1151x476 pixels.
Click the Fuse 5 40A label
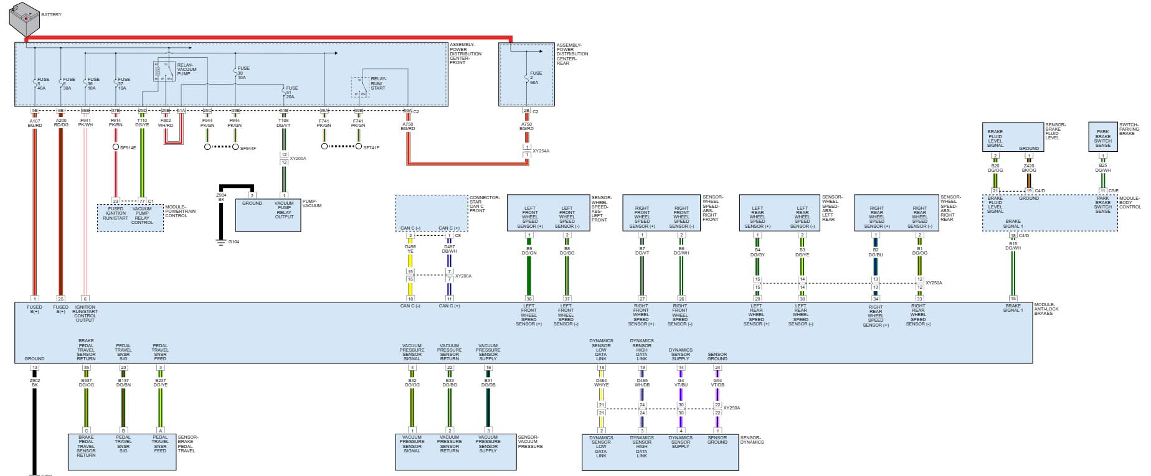click(43, 83)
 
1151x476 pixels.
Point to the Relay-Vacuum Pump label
click(187, 69)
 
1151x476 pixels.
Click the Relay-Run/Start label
click(378, 83)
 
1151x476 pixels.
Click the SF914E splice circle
click(116, 147)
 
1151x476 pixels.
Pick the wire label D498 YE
click(410, 249)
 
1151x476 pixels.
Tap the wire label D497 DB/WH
click(449, 249)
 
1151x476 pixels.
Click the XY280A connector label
click(463, 276)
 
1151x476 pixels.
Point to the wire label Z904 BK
click(221, 197)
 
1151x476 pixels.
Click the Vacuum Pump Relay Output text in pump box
click(284, 210)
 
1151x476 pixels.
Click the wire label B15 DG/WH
click(1013, 246)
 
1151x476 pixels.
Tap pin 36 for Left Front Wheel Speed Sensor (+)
click(529, 299)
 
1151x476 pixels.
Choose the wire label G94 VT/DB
click(718, 382)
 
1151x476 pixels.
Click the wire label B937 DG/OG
click(86, 382)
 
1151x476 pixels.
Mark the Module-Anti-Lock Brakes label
click(1047, 309)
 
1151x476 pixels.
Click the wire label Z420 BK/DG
click(1029, 167)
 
